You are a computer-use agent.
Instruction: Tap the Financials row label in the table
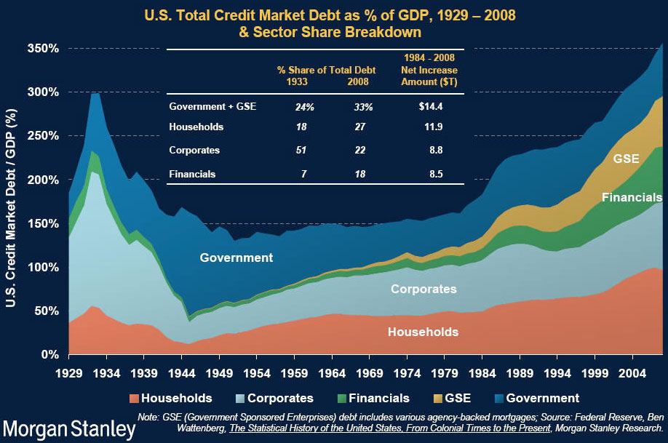click(x=194, y=175)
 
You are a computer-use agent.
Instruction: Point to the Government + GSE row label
click(x=212, y=106)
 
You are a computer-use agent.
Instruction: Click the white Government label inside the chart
click(x=236, y=258)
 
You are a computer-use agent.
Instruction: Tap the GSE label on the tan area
click(x=626, y=159)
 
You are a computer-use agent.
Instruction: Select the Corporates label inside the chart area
click(x=424, y=290)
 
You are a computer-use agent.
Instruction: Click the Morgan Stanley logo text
click(x=64, y=427)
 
